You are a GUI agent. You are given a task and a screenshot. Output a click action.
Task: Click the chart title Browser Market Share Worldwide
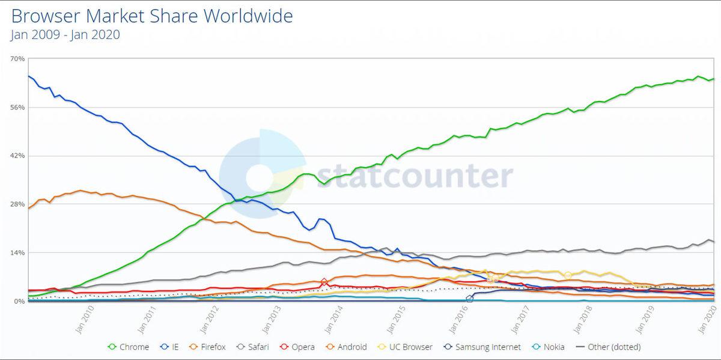(x=152, y=16)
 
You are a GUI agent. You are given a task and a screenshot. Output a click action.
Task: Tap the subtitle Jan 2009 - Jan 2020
(x=65, y=35)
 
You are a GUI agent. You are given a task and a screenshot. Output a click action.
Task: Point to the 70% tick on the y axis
(x=17, y=59)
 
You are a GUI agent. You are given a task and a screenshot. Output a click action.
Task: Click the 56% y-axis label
(x=17, y=108)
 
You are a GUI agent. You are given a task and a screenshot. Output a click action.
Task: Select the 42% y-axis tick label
(x=17, y=156)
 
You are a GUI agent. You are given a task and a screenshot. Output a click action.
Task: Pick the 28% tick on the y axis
(x=17, y=204)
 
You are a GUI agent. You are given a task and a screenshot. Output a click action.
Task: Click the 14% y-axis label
(x=17, y=253)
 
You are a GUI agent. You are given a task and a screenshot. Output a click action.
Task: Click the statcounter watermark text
(x=415, y=176)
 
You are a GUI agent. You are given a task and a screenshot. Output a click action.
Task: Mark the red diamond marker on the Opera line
(x=324, y=282)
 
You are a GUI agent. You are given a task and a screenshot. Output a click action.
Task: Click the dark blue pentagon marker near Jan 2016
(x=470, y=299)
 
